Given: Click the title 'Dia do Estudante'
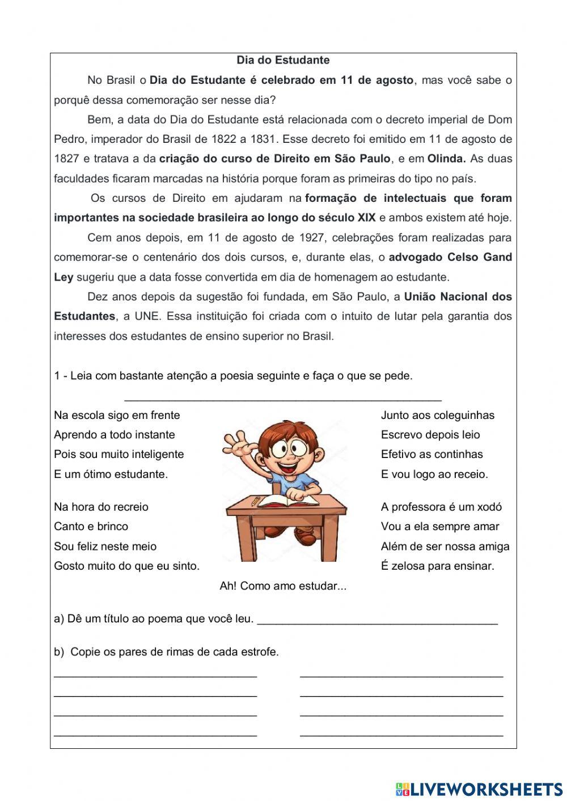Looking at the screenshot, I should pyautogui.click(x=283, y=60).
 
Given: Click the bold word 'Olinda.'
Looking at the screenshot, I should pyautogui.click(x=446, y=159).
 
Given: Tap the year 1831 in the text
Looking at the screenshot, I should pyautogui.click(x=263, y=139).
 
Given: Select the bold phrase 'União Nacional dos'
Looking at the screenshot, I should pyautogui.click(x=458, y=296).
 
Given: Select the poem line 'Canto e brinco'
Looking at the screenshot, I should pyautogui.click(x=91, y=527).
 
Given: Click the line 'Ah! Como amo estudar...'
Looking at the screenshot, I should pyautogui.click(x=283, y=586).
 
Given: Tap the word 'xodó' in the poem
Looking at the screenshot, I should pyautogui.click(x=489, y=507).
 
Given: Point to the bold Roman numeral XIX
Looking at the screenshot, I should pyautogui.click(x=366, y=218).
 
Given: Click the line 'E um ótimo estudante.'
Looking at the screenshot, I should pyautogui.click(x=111, y=474).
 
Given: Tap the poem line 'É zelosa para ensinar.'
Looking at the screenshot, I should pyautogui.click(x=437, y=566).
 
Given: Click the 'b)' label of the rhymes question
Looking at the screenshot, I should pyautogui.click(x=59, y=652).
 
